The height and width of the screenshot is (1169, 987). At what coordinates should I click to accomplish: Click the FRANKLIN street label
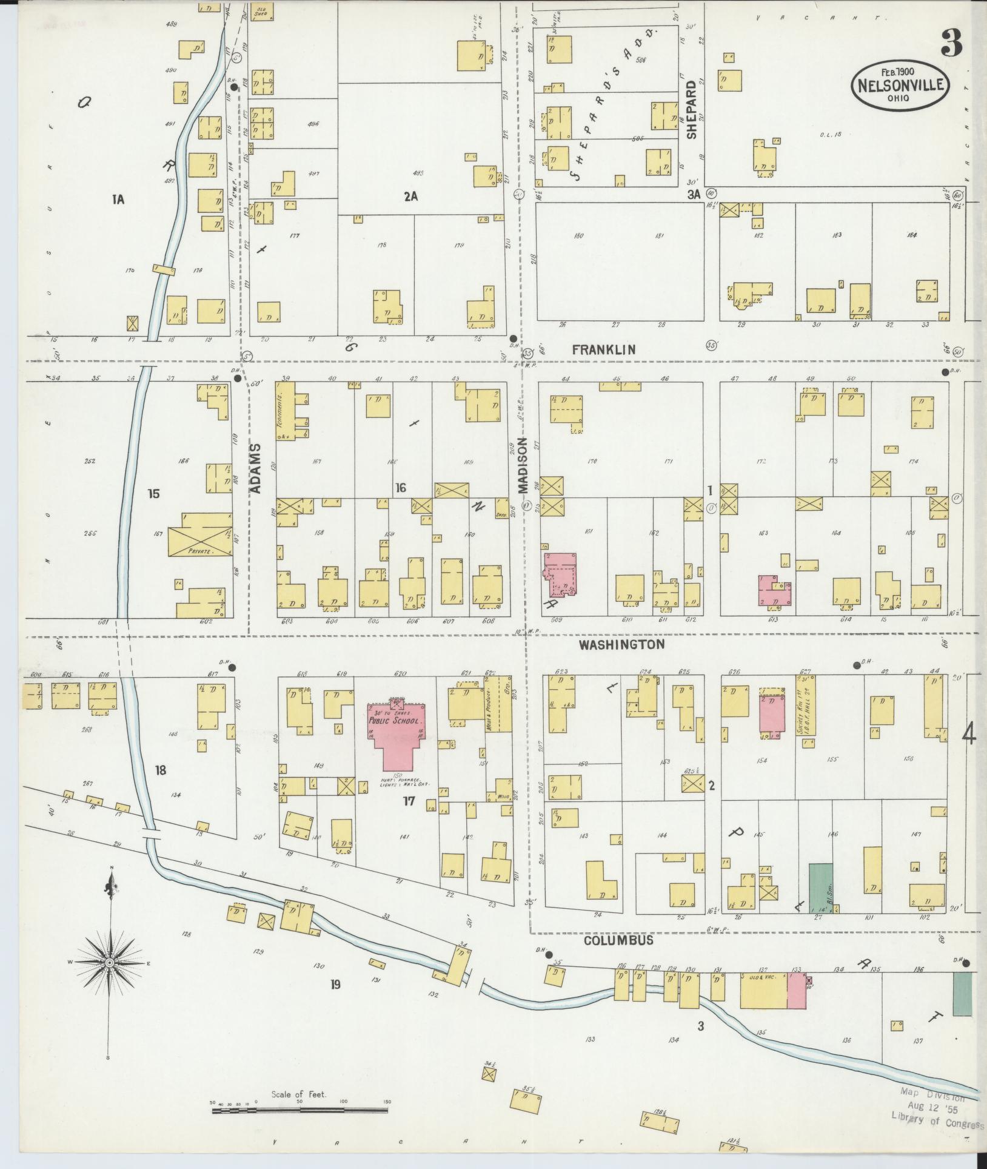click(604, 349)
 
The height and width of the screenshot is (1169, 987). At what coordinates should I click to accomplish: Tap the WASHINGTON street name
click(621, 645)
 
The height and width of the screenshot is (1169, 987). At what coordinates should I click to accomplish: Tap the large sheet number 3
click(952, 43)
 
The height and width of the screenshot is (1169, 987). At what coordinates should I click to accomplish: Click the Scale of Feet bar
click(300, 1110)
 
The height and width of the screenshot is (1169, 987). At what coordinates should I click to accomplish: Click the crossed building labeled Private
click(199, 534)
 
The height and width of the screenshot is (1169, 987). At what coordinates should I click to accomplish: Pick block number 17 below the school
click(409, 801)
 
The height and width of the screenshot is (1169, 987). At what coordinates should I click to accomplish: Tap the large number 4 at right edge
click(969, 736)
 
